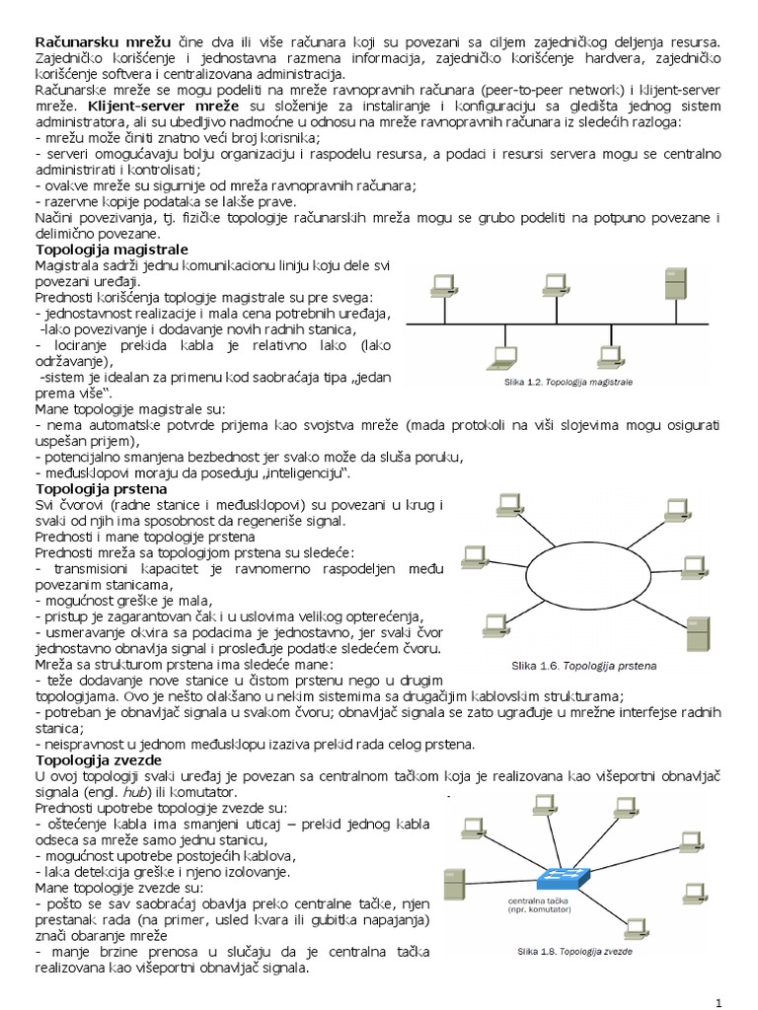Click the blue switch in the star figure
tap(561, 876)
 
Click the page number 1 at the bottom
tap(720, 1002)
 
